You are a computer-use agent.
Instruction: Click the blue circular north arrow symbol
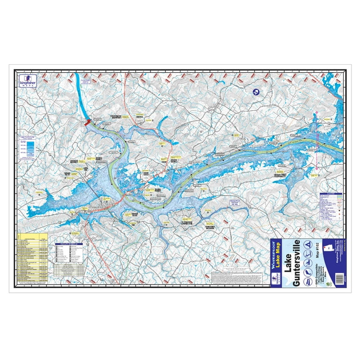point(256,92)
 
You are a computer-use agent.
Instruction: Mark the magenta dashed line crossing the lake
point(317,141)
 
